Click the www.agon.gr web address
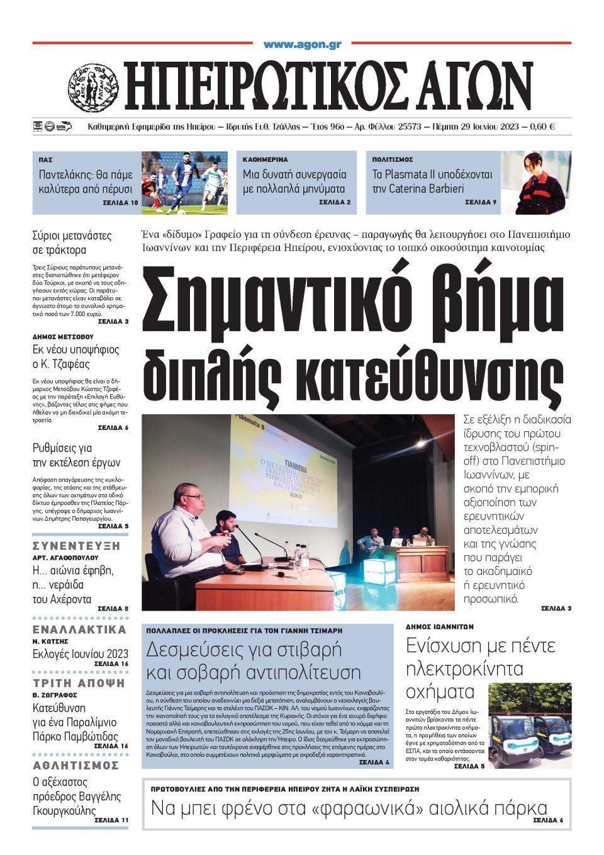(x=302, y=45)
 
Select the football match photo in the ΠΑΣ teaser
(x=184, y=183)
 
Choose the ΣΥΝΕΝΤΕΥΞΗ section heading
(x=76, y=545)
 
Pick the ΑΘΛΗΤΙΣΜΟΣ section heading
(x=75, y=765)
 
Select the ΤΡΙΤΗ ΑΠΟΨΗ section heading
(x=79, y=683)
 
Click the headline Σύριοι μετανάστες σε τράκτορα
(x=72, y=243)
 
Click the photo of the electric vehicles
(x=530, y=725)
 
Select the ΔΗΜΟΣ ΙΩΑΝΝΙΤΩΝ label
(x=439, y=627)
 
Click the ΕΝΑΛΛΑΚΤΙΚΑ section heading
(x=79, y=630)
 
